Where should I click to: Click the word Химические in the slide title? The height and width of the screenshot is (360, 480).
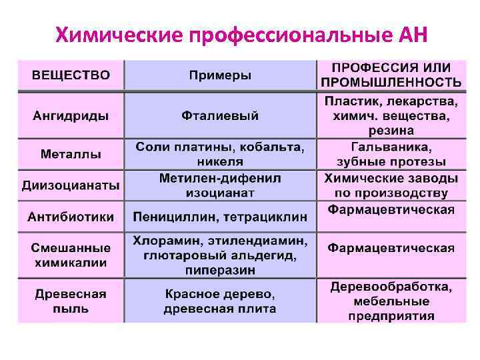tap(119, 34)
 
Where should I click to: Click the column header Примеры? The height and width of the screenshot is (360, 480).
tap(220, 75)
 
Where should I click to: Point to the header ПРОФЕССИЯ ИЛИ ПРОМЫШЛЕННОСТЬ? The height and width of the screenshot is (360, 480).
tap(391, 75)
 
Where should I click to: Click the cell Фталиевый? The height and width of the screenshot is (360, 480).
tap(220, 115)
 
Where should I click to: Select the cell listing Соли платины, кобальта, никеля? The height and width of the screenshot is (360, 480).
tap(220, 154)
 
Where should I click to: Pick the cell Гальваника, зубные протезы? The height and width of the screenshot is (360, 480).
tap(391, 154)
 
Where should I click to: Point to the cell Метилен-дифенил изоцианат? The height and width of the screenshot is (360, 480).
tap(220, 185)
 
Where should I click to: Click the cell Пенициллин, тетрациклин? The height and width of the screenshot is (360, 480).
tap(220, 217)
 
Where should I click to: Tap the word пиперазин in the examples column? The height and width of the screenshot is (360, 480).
tap(221, 270)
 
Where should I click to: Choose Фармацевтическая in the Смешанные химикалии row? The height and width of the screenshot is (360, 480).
tap(391, 248)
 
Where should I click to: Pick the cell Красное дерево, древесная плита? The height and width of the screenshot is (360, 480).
tap(220, 301)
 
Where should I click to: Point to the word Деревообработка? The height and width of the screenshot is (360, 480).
tap(391, 287)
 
